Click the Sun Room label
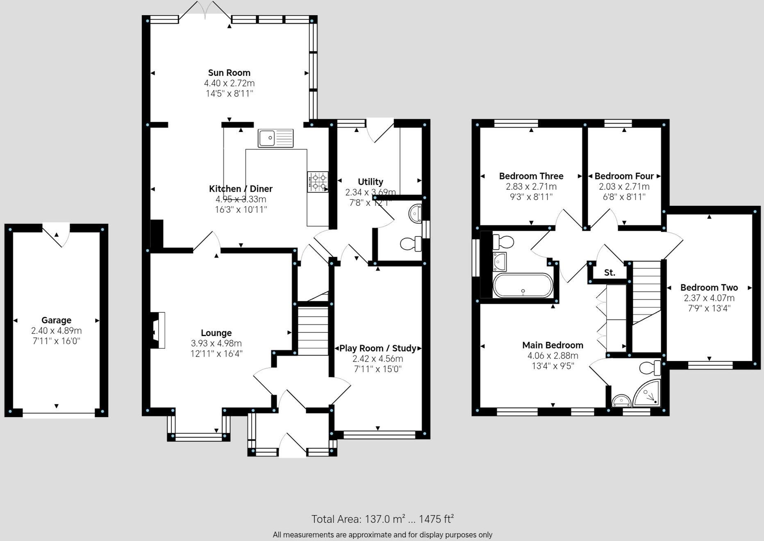pos(229,73)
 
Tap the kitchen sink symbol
pos(275,138)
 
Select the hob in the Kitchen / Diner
pos(318,182)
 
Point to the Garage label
pos(56,320)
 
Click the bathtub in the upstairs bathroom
pos(523,285)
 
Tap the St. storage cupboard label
pos(609,273)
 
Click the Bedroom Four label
pos(624,176)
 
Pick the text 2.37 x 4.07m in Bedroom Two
pos(709,298)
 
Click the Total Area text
pos(382,519)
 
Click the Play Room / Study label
pos(378,348)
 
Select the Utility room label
pos(370,182)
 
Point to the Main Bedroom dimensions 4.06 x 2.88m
pos(553,356)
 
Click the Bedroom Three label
pos(531,176)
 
